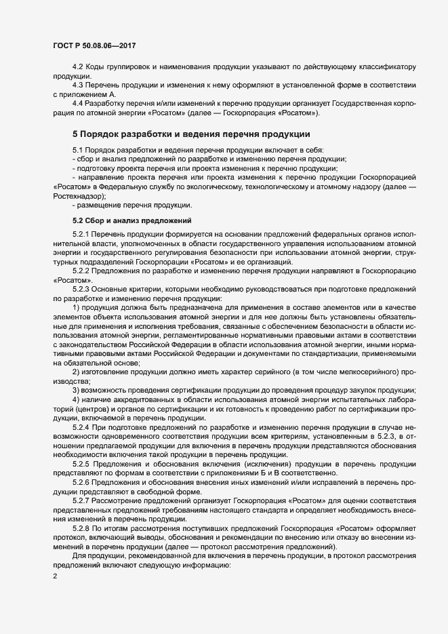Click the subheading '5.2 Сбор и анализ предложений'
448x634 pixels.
[131, 220]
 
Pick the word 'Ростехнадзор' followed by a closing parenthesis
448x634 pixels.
[77, 195]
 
